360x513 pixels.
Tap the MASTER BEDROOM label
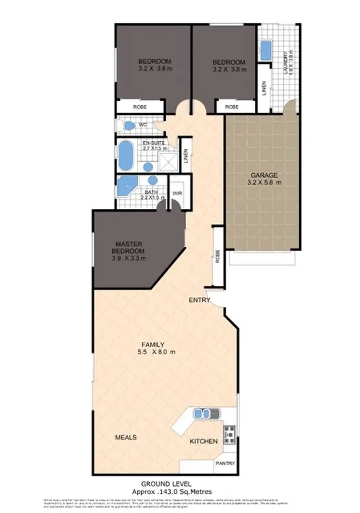coord(127,248)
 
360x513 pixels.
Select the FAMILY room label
coord(153,344)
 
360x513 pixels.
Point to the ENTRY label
coord(200,300)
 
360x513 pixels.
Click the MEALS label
coord(126,438)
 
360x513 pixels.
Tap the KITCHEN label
coord(204,441)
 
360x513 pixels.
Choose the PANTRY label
coord(225,464)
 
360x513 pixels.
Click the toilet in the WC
coord(128,126)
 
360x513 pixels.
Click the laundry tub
coord(266,50)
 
